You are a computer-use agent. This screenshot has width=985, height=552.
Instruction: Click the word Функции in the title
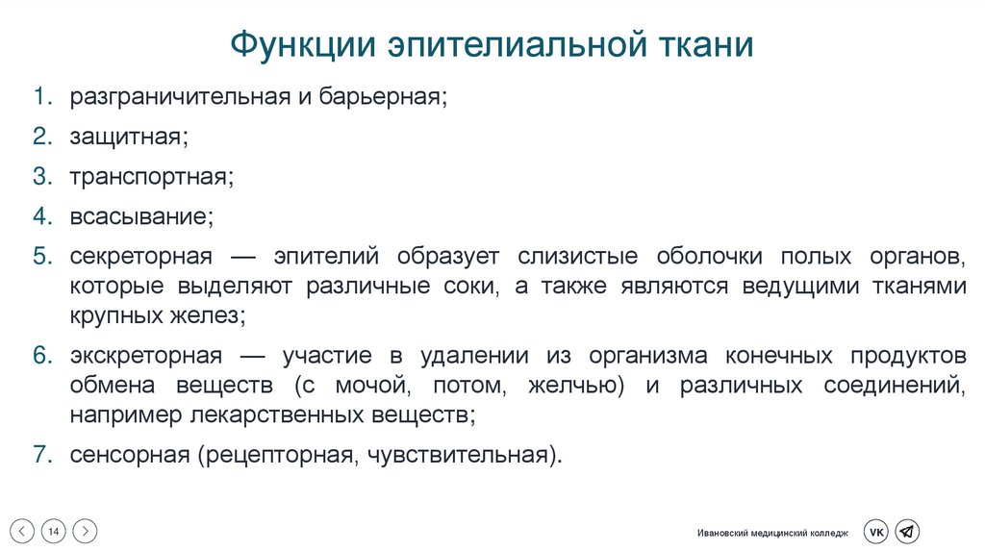pos(304,46)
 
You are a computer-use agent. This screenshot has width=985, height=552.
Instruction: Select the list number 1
pos(41,97)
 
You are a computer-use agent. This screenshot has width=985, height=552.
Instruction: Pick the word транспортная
pos(151,177)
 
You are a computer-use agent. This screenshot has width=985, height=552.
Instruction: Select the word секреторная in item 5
pos(140,257)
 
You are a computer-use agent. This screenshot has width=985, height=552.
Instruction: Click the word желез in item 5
pos(205,314)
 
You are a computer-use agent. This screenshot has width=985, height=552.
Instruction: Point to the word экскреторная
pos(146,355)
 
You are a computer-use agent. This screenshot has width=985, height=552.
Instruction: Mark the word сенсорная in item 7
pos(130,455)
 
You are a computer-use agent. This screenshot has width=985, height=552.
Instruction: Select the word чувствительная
pos(459,455)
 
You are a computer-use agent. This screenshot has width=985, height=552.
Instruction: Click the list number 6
pos(41,355)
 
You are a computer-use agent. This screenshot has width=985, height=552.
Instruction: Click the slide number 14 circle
pos(54,531)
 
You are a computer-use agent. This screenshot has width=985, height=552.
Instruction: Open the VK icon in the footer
pos(875,532)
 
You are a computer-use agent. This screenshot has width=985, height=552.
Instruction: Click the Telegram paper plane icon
pos(907,532)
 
